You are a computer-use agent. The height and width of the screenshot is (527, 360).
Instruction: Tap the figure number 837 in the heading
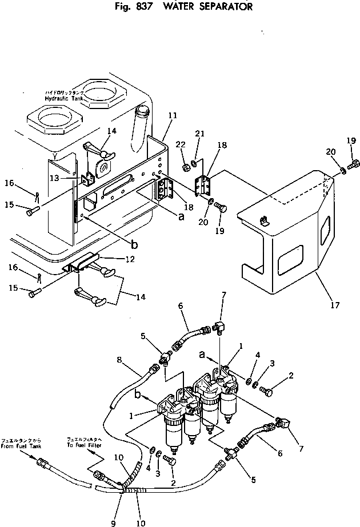(139, 7)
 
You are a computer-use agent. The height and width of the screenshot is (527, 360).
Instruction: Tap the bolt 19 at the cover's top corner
(353, 166)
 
